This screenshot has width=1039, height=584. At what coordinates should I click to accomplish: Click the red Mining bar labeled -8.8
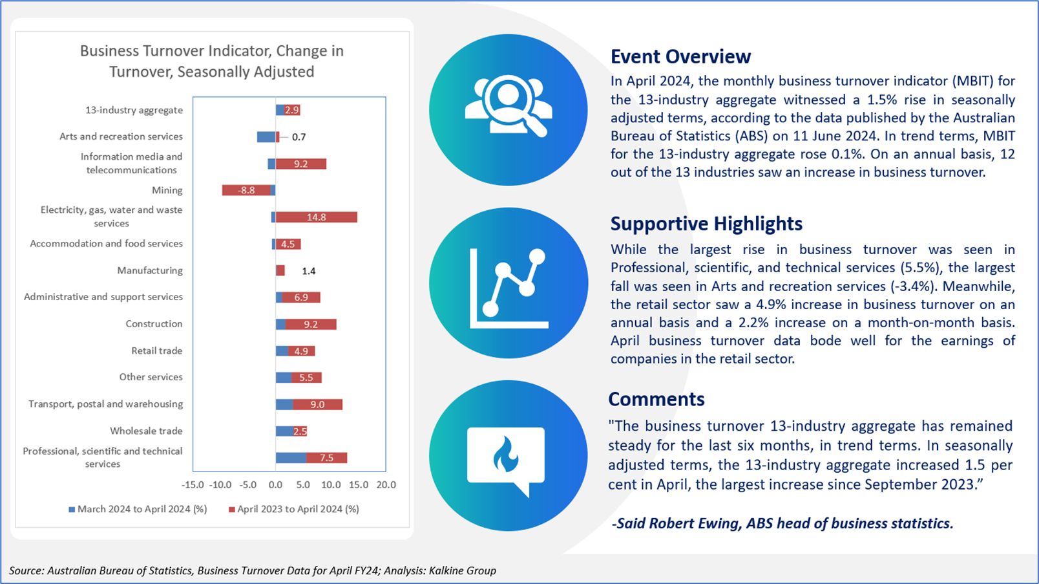coord(246,190)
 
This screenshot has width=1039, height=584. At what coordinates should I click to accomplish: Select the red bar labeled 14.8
coord(317,217)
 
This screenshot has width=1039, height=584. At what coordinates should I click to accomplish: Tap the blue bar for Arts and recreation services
coord(266,137)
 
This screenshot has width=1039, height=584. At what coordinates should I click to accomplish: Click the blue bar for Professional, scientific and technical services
coord(291,458)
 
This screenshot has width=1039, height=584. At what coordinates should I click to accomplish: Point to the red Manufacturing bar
coord(280,270)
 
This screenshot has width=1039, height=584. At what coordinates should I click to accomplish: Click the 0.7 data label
coord(299,137)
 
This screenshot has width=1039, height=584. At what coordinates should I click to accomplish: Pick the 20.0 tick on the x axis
coord(386,485)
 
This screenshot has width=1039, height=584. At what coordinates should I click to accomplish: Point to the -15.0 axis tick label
coord(193,485)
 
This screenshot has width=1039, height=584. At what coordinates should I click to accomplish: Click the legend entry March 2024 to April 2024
coord(138,509)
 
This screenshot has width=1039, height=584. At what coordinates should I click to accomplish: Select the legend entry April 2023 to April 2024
coord(294,509)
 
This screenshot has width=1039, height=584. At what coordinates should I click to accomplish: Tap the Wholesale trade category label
coord(146,431)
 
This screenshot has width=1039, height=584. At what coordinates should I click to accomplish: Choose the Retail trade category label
coord(157,351)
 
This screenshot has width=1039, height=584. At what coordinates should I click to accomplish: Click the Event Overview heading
coord(680,57)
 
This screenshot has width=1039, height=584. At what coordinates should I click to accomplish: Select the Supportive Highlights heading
coord(706,224)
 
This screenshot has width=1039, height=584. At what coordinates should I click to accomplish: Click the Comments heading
coord(656,399)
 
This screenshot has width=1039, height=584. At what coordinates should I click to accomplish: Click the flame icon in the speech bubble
coord(505,454)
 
